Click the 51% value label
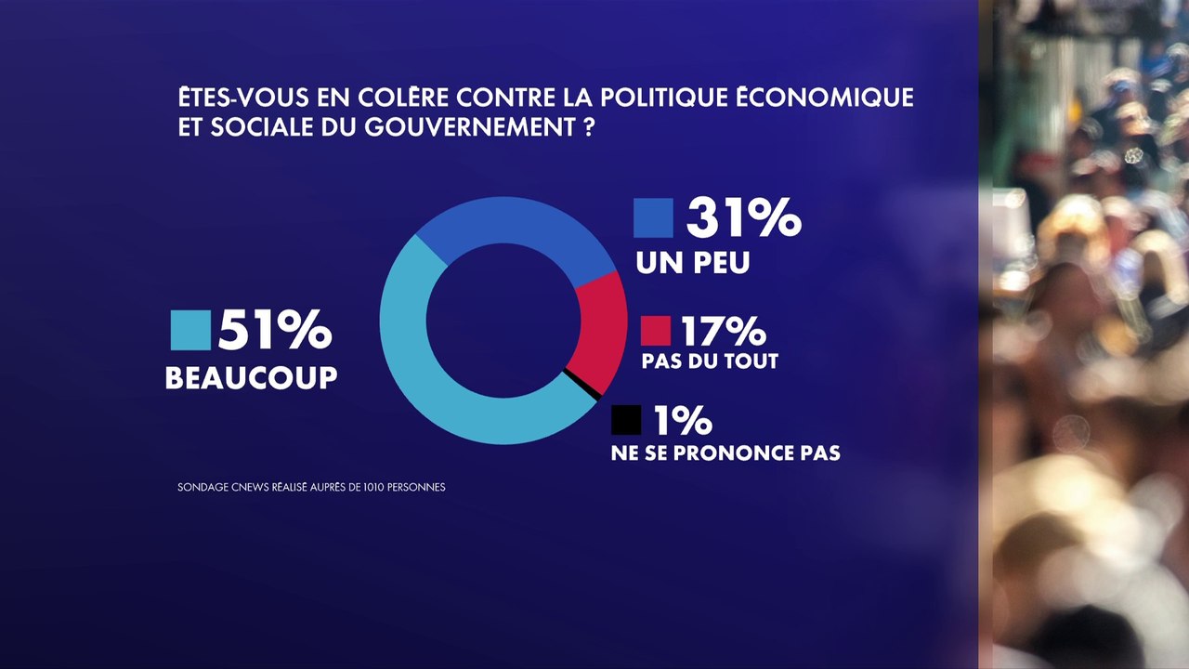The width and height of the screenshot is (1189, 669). tap(274, 330)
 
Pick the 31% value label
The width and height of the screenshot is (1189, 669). tap(743, 217)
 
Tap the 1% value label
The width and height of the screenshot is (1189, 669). tap(682, 421)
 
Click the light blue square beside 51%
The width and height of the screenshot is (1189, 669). tap(190, 331)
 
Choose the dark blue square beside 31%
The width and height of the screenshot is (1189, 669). tap(653, 217)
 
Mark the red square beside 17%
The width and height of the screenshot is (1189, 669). tap(655, 331)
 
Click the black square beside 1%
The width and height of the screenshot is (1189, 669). tap(626, 421)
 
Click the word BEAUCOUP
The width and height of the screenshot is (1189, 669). tap(251, 377)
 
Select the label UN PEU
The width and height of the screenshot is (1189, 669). tap(693, 264)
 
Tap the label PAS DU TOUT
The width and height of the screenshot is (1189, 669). tap(709, 361)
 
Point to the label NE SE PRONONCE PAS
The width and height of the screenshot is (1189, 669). tap(725, 453)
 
